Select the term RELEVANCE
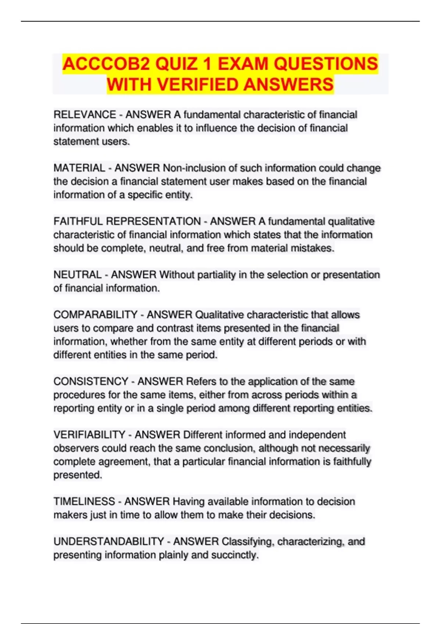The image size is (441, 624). pyautogui.click(x=85, y=115)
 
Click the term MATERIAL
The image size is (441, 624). pyautogui.click(x=79, y=168)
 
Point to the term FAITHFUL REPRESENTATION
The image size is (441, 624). pyautogui.click(x=127, y=221)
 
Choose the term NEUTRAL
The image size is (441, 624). pyautogui.click(x=78, y=275)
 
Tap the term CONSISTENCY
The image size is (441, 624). pyautogui.click(x=91, y=381)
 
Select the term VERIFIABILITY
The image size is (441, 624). pyautogui.click(x=89, y=435)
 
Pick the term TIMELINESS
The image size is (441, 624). pyautogui.click(x=84, y=501)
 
